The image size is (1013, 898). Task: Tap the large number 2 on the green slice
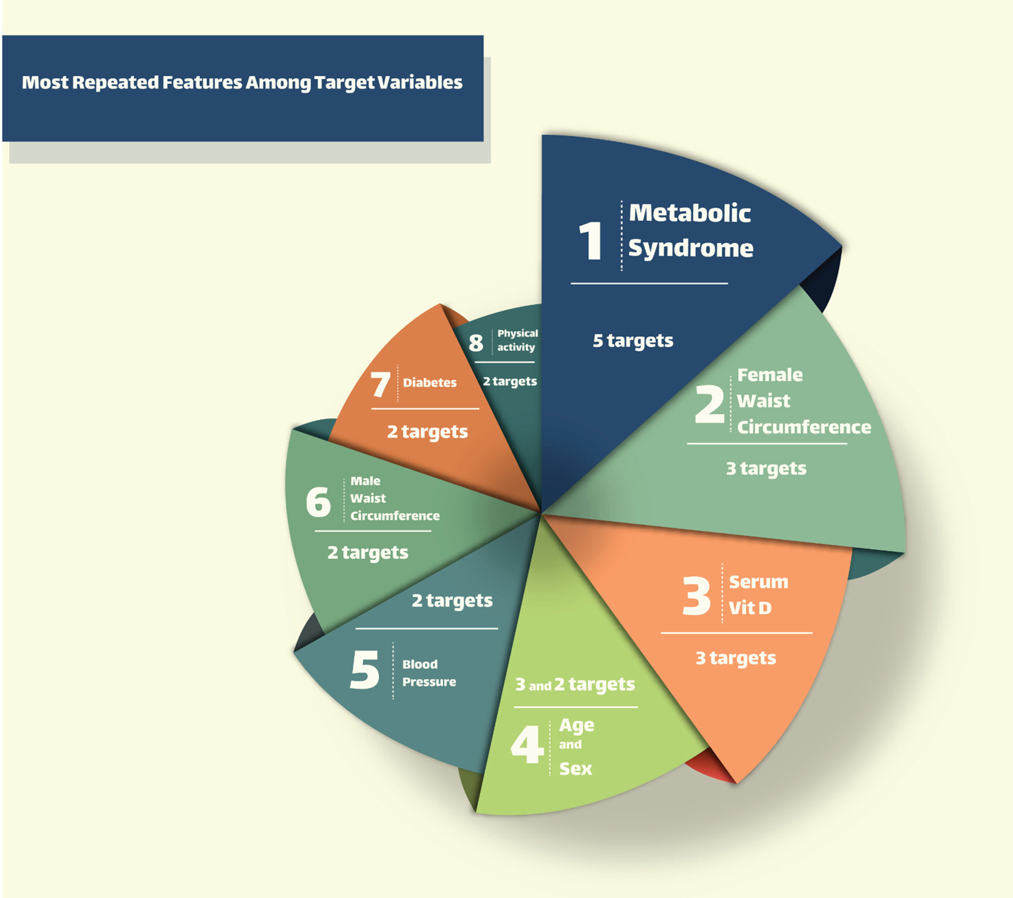click(x=709, y=404)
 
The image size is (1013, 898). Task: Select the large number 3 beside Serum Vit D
click(x=696, y=596)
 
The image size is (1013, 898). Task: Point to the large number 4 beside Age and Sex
click(x=527, y=744)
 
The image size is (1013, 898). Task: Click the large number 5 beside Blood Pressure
click(x=364, y=669)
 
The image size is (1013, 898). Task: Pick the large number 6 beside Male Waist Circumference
click(x=318, y=502)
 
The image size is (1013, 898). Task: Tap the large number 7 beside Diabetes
click(x=380, y=384)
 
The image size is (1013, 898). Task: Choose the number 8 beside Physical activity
click(x=476, y=343)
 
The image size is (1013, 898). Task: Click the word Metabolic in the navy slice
click(x=690, y=213)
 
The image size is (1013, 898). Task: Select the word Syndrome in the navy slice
click(x=691, y=249)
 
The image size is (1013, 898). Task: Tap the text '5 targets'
click(x=633, y=341)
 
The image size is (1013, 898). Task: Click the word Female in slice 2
click(x=770, y=375)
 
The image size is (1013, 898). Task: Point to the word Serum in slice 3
click(x=758, y=582)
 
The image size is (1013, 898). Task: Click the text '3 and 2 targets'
click(x=575, y=685)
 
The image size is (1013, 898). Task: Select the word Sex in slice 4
click(x=576, y=769)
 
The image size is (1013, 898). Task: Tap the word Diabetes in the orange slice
click(x=429, y=383)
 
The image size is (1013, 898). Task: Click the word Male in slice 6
click(x=365, y=481)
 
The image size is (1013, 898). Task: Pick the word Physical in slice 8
click(x=518, y=334)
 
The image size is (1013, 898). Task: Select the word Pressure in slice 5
click(x=429, y=682)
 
